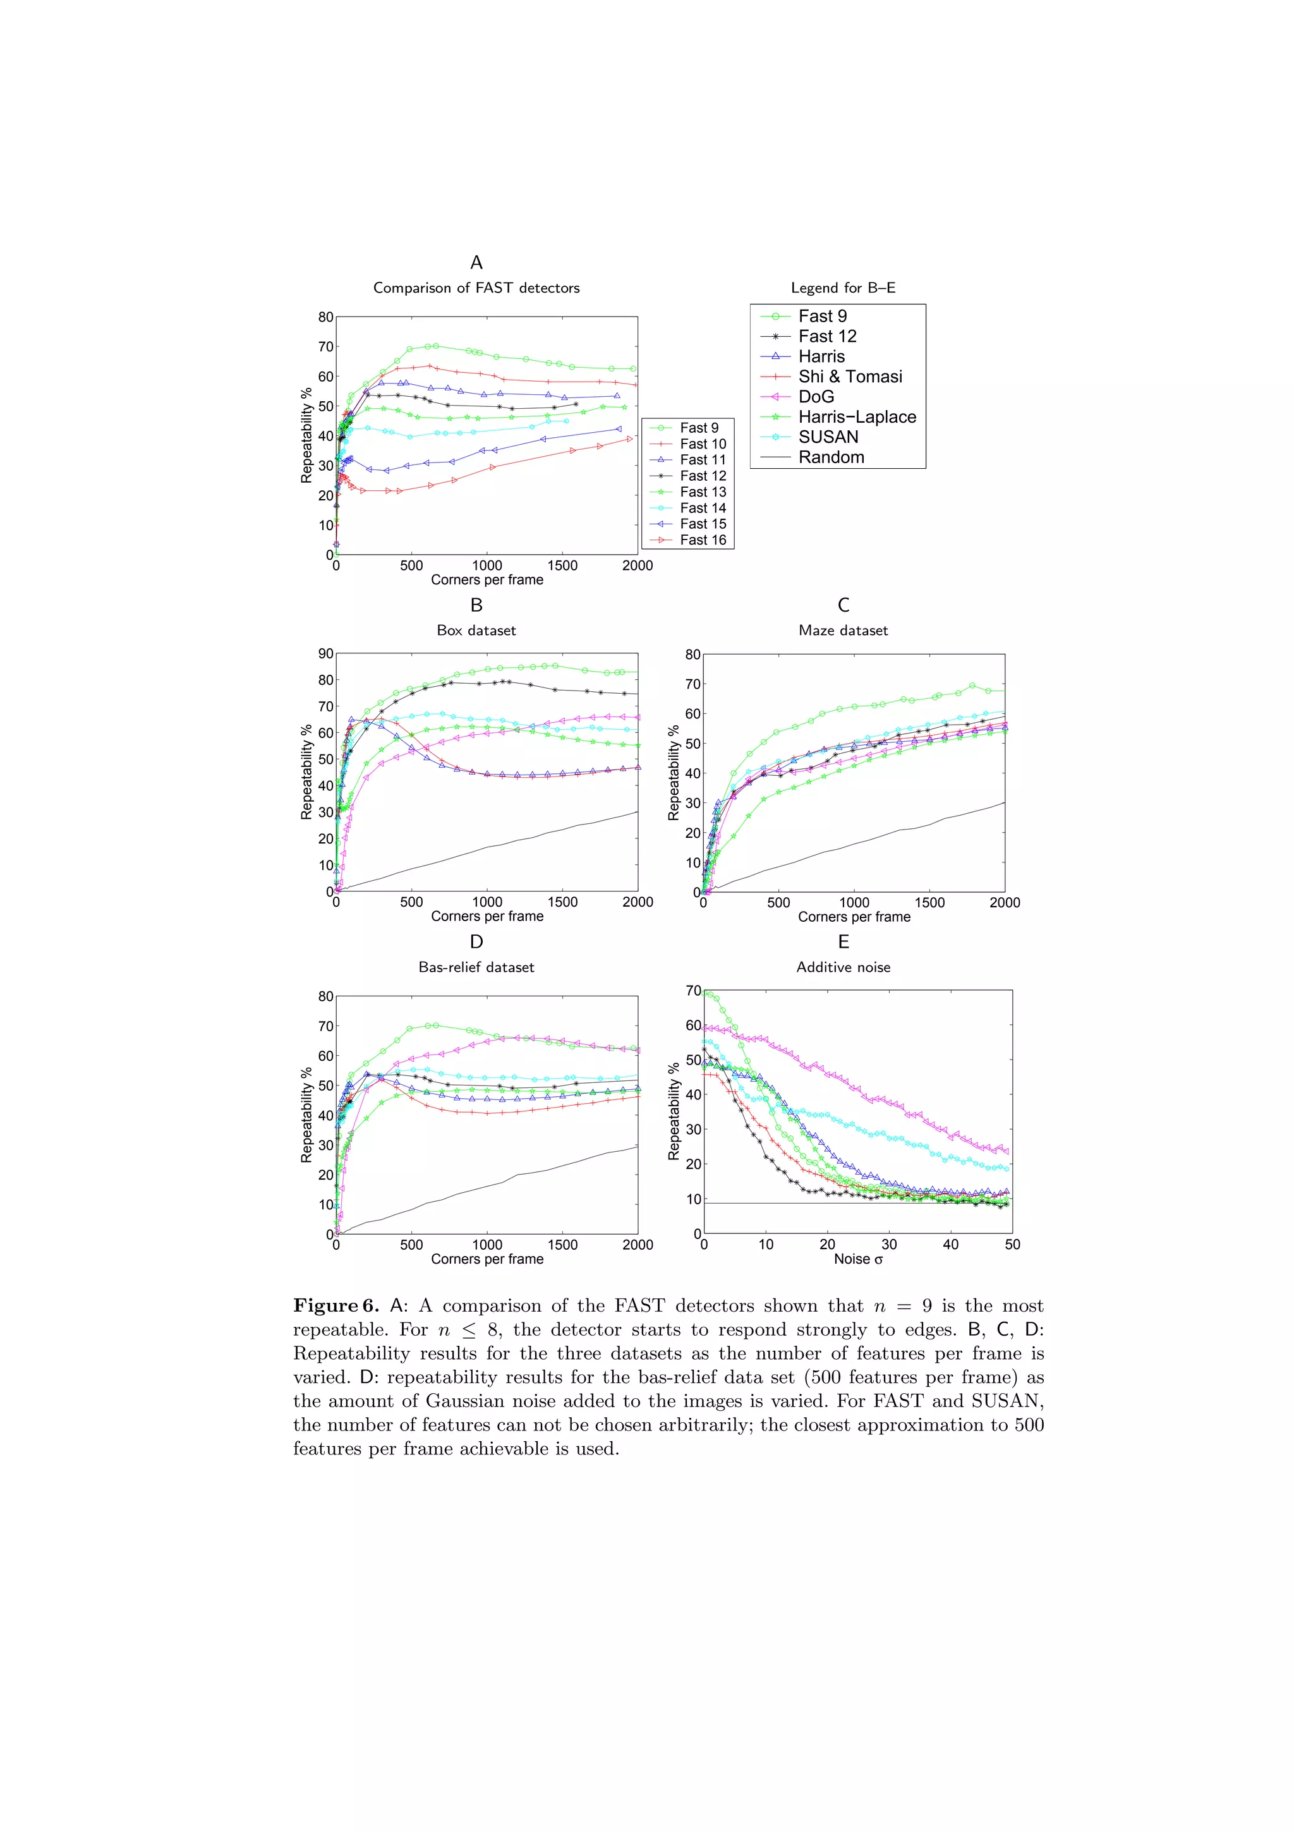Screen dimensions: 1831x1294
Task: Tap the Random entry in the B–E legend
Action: pyautogui.click(x=831, y=457)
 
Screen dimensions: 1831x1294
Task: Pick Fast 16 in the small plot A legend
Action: pyautogui.click(x=703, y=540)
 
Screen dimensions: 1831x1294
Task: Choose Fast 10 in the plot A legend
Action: pyautogui.click(x=703, y=444)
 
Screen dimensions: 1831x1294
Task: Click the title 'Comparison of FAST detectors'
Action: pyautogui.click(x=476, y=288)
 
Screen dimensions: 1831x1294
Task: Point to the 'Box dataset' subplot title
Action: pyautogui.click(x=476, y=630)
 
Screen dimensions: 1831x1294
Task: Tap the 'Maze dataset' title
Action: pyautogui.click(x=843, y=630)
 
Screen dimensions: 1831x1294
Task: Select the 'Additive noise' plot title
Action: pyautogui.click(x=843, y=967)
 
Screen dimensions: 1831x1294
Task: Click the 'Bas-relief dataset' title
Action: pyautogui.click(x=476, y=967)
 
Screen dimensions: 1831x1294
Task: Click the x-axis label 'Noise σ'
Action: pyautogui.click(x=858, y=1259)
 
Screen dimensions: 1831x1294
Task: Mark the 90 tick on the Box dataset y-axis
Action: pyautogui.click(x=325, y=654)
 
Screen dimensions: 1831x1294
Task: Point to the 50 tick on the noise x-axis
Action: pyautogui.click(x=1012, y=1244)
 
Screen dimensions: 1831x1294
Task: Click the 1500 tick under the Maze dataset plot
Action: pyautogui.click(x=929, y=903)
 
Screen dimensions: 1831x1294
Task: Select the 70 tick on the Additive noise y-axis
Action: pyautogui.click(x=693, y=991)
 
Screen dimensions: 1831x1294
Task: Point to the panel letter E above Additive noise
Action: pyautogui.click(x=843, y=942)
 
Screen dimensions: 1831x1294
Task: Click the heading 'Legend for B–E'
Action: pyautogui.click(x=843, y=288)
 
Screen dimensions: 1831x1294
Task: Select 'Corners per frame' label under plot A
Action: pyautogui.click(x=487, y=580)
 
